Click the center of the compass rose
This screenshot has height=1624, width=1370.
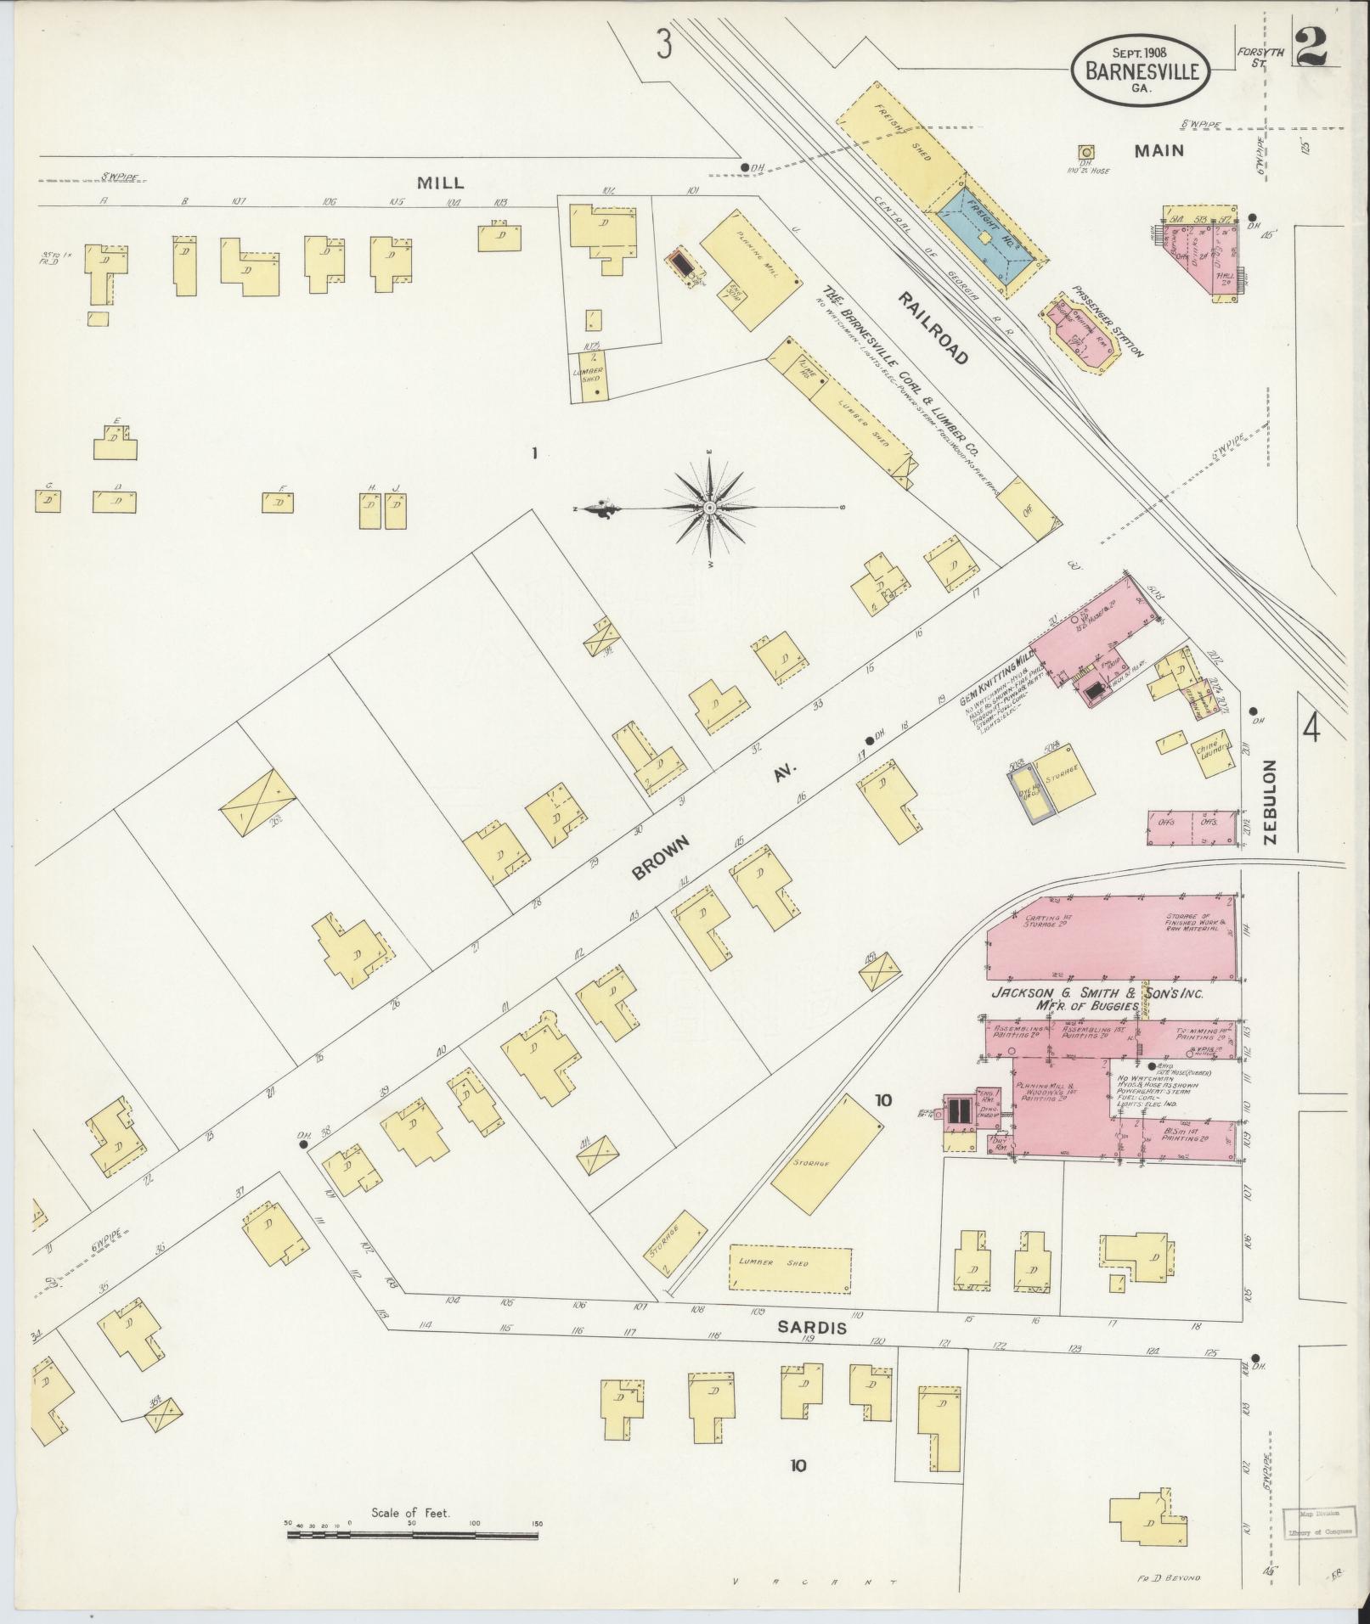709,508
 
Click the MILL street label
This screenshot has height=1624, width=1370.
440,183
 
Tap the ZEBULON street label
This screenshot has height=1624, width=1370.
1271,801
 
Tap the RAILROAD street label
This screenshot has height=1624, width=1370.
934,328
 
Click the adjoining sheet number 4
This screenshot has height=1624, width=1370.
1312,728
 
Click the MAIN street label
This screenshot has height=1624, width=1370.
1159,150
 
